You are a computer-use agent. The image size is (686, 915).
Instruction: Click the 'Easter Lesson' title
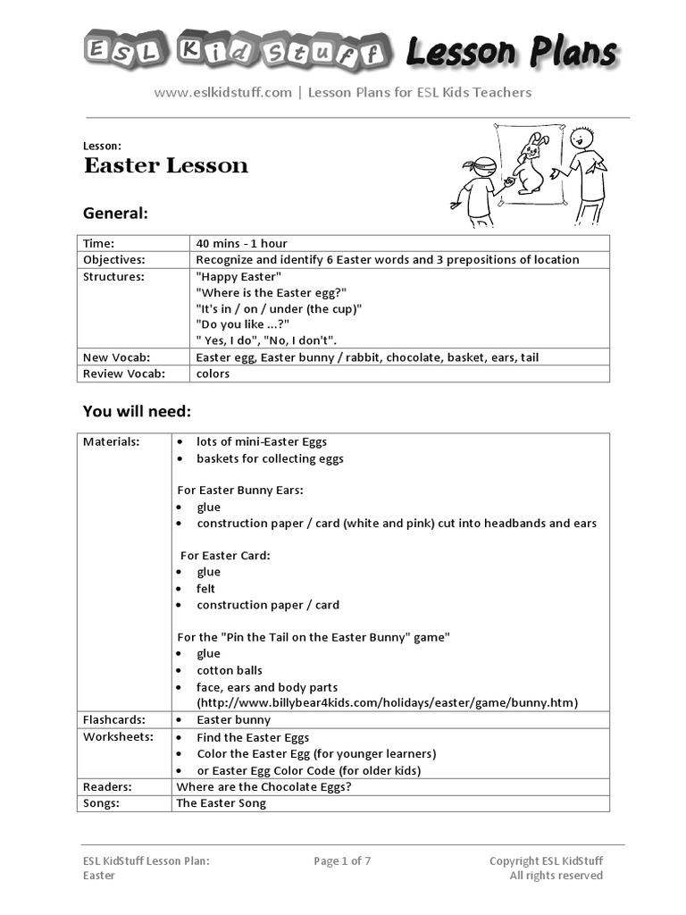pos(166,165)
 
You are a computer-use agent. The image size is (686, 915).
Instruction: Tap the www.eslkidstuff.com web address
pos(222,92)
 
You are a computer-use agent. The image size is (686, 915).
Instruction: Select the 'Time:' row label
pos(99,243)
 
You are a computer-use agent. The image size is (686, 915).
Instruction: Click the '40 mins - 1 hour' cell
pos(241,243)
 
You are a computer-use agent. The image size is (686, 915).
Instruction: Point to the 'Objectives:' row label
pos(113,259)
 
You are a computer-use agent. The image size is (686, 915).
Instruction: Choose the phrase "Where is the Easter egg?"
pos(271,292)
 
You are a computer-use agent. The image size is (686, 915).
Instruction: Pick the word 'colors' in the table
pos(213,374)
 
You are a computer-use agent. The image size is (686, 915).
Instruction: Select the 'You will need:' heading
pos(137,411)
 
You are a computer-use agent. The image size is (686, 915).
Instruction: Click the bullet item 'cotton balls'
pos(230,670)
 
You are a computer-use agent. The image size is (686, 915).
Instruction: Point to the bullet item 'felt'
pos(206,588)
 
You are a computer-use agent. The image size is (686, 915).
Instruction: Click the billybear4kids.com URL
pos(387,702)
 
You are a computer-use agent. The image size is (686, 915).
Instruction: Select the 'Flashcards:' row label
pos(114,719)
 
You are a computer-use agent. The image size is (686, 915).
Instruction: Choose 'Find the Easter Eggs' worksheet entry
pos(253,737)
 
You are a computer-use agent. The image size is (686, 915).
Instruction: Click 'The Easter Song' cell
pos(221,802)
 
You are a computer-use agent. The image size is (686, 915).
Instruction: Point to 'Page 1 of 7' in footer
pos(342,861)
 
